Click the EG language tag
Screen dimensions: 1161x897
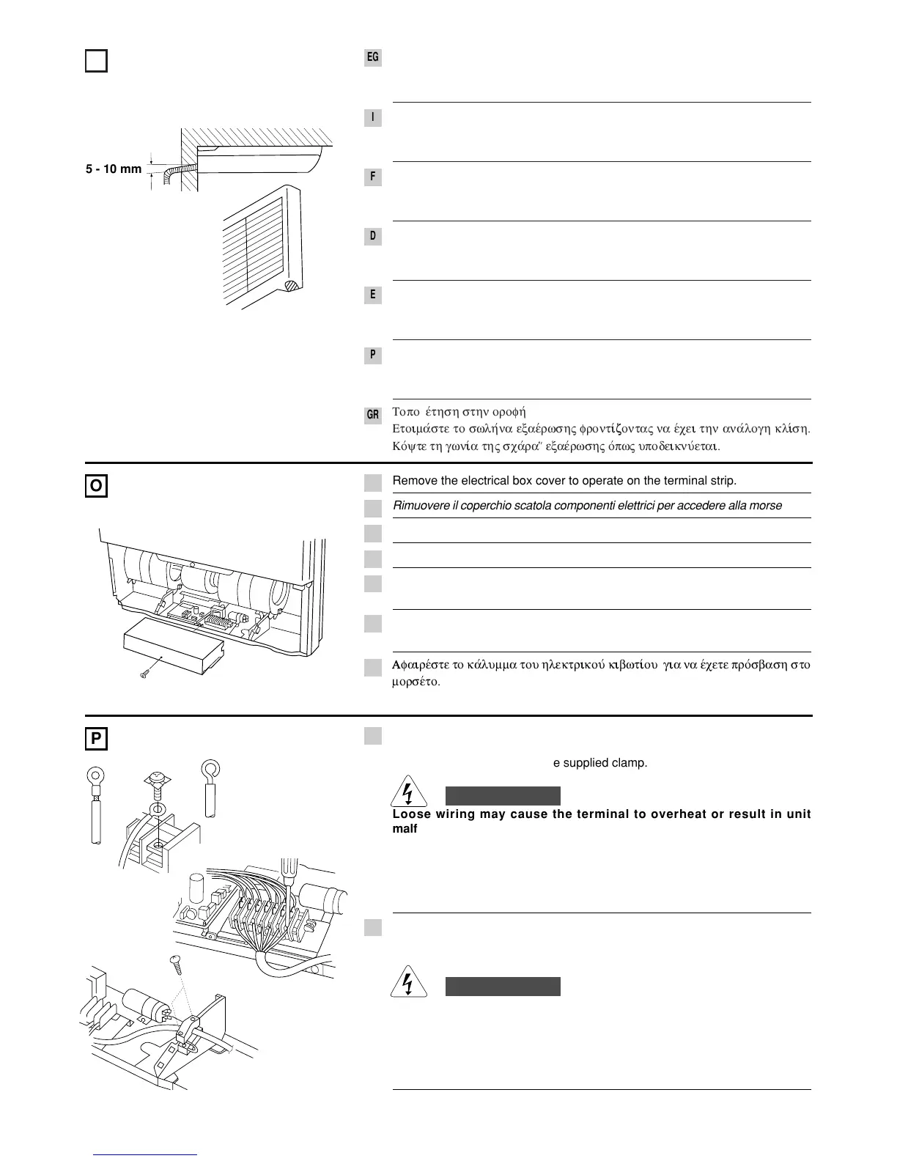(373, 57)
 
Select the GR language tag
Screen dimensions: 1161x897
(373, 415)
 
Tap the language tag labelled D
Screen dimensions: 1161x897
(373, 236)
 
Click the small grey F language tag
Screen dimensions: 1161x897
(373, 177)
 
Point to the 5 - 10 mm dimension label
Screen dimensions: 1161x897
(114, 169)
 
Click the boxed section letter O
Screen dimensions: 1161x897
(96, 486)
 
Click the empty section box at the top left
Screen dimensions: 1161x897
(96, 61)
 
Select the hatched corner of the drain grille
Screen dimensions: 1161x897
(291, 287)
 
